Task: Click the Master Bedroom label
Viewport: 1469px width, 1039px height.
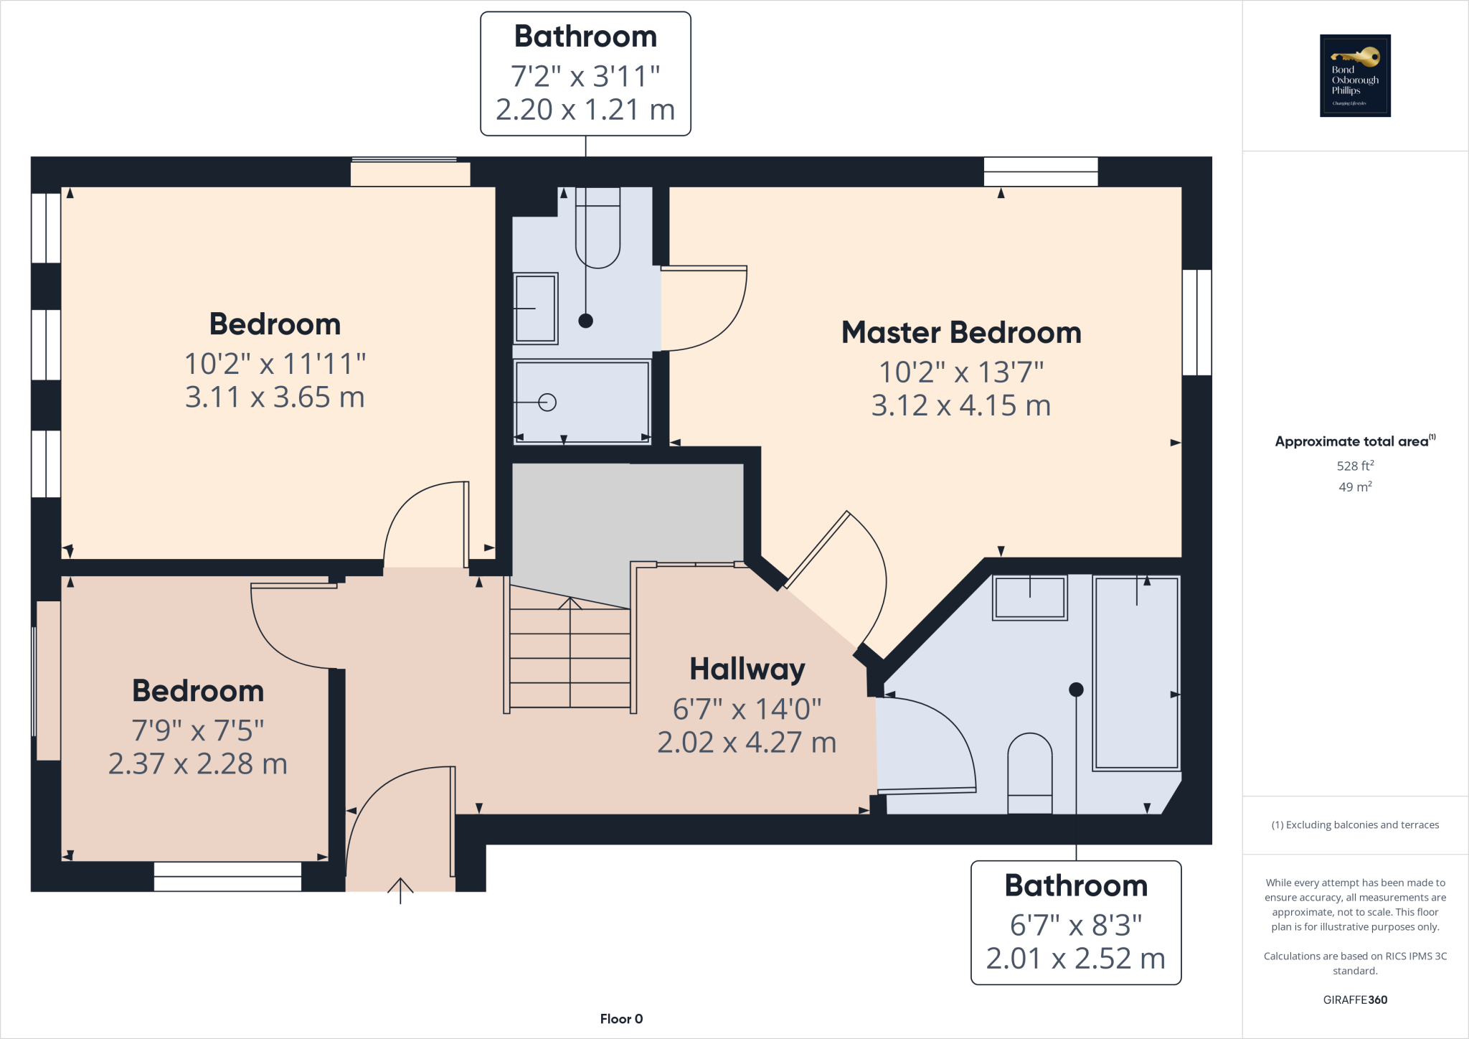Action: pos(961,333)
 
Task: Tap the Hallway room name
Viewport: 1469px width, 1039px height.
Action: pos(747,669)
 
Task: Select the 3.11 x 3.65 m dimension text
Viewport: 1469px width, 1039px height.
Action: pos(275,397)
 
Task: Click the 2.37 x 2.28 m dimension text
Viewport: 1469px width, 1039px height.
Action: pos(198,763)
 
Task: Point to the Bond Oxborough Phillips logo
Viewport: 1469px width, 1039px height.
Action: pos(1355,75)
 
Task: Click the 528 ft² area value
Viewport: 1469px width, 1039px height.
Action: pos(1355,466)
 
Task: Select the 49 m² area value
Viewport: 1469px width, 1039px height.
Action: pos(1355,486)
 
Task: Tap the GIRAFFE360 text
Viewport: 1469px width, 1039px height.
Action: pos(1355,1000)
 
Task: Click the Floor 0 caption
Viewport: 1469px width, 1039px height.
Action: pos(621,1019)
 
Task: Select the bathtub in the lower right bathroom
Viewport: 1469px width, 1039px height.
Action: pos(1136,673)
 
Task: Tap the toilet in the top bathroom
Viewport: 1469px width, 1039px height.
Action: pos(597,230)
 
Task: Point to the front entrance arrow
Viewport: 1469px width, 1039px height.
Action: pos(400,890)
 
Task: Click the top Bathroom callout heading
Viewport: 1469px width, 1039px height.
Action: pos(585,37)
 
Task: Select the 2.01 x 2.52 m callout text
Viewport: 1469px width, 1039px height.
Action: pos(1075,959)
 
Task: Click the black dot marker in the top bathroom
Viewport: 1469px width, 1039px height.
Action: pos(586,321)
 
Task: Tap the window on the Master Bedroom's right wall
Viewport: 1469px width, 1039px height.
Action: pos(1196,322)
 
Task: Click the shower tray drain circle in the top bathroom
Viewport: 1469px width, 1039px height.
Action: pos(547,403)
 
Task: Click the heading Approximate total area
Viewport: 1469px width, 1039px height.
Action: pos(1351,441)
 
